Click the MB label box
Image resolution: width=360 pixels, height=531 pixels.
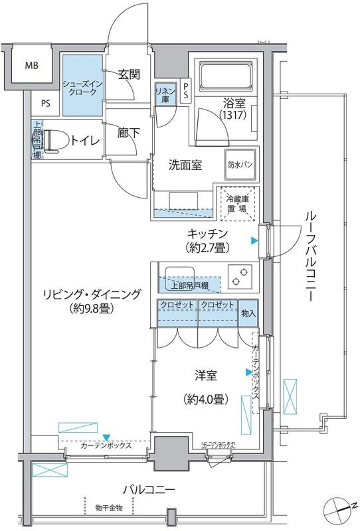[x=31, y=66]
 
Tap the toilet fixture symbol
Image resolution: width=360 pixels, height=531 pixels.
[x=54, y=140]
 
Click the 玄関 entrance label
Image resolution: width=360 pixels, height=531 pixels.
[x=129, y=74]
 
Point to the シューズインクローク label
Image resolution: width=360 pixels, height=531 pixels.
[x=83, y=88]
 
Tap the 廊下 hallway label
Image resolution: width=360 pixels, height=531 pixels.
[x=129, y=133]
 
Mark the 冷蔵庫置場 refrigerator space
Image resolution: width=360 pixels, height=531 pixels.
[x=237, y=203]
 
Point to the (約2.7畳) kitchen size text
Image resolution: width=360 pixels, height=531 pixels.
[x=207, y=248]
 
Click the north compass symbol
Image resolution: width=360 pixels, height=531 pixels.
[x=339, y=509]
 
